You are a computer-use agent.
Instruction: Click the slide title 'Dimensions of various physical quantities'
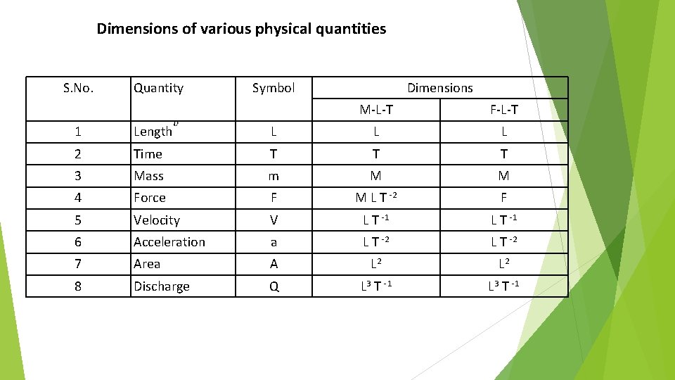(x=241, y=29)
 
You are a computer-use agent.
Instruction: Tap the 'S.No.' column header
(x=78, y=88)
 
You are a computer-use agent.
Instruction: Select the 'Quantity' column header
(x=158, y=88)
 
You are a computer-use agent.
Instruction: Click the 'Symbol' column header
(x=274, y=88)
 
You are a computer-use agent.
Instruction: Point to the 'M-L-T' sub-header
(x=376, y=109)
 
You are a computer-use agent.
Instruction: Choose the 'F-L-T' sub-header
(x=504, y=109)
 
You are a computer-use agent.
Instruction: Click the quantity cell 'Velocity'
(x=157, y=220)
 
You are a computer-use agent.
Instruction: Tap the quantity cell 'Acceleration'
(x=169, y=242)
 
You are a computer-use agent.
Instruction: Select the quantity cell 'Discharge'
(x=162, y=286)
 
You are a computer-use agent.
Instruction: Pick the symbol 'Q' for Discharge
(x=274, y=286)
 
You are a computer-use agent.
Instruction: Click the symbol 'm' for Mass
(x=274, y=176)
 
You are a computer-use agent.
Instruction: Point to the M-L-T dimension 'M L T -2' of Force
(x=376, y=198)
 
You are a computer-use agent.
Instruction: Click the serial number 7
(x=78, y=264)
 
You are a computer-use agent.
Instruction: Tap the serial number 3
(x=78, y=176)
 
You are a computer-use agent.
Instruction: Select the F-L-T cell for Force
(x=504, y=198)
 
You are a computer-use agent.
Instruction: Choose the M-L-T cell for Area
(x=376, y=264)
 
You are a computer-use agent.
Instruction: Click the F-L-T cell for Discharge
(x=504, y=286)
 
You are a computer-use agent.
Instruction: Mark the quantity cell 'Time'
(x=148, y=154)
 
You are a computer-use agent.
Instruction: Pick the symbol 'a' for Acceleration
(x=274, y=242)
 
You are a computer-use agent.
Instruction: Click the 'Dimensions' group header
(x=440, y=88)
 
